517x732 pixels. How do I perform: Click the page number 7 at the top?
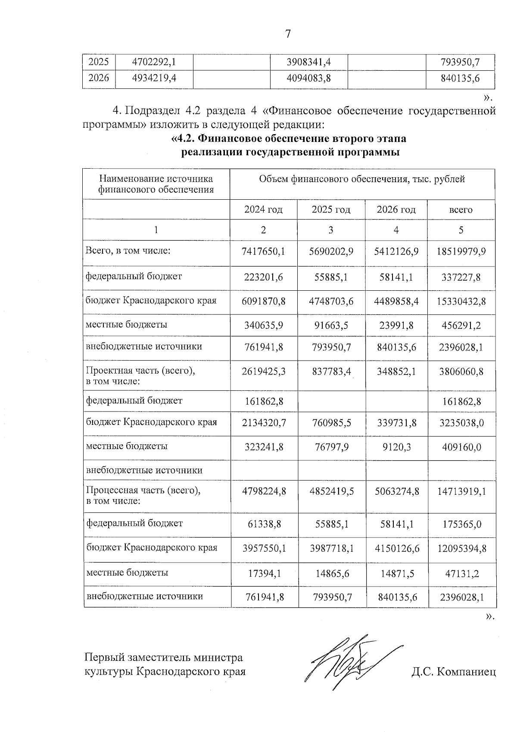288,34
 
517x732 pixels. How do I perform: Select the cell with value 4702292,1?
154,62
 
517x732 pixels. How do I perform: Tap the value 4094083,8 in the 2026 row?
308,78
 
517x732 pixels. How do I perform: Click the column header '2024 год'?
263,210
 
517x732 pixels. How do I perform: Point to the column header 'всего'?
461,210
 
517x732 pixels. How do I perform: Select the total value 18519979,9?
461,251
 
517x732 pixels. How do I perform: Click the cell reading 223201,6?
263,277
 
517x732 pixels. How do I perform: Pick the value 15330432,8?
461,301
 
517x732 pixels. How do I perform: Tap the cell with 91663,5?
330,325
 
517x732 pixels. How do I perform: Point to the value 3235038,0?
461,423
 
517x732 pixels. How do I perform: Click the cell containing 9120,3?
396,447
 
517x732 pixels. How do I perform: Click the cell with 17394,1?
265,573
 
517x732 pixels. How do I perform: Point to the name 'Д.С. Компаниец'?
453,672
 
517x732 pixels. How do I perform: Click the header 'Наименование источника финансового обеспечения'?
156,184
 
